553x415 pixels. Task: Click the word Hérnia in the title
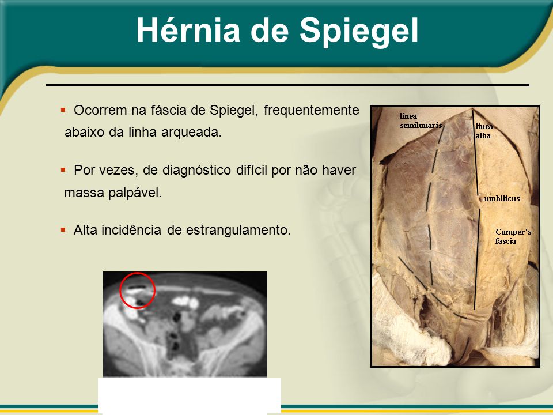pyautogui.click(x=188, y=30)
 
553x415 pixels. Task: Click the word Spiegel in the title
pyautogui.click(x=359, y=32)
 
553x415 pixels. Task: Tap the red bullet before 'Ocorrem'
pyautogui.click(x=63, y=110)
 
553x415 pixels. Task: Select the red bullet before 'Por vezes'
pyautogui.click(x=63, y=170)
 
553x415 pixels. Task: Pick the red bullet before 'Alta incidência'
pyautogui.click(x=63, y=230)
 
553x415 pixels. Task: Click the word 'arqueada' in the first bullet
pyautogui.click(x=191, y=133)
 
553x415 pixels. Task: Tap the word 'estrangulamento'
pyautogui.click(x=238, y=231)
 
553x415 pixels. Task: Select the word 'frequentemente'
pyautogui.click(x=312, y=111)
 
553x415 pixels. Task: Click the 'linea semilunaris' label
pyautogui.click(x=421, y=120)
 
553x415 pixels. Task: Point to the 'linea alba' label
pyautogui.click(x=484, y=131)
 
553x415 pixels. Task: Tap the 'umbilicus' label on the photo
pyautogui.click(x=502, y=198)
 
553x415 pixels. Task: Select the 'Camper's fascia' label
pyautogui.click(x=513, y=236)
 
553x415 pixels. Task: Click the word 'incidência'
pyautogui.click(x=131, y=230)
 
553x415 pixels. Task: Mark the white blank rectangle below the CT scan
pyautogui.click(x=190, y=396)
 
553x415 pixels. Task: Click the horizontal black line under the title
pyautogui.click(x=287, y=85)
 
